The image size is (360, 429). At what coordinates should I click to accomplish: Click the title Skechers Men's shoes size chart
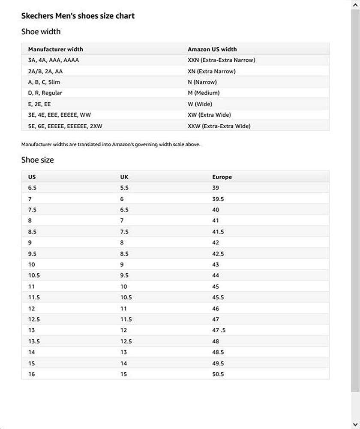click(x=78, y=16)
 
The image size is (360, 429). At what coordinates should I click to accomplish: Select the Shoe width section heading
click(x=41, y=32)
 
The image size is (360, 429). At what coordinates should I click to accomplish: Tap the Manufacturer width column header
click(x=56, y=49)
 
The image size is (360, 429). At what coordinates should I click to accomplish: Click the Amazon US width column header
click(x=212, y=49)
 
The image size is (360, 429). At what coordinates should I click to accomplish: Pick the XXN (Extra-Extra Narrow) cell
click(x=221, y=60)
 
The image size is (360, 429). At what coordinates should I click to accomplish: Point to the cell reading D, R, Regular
click(x=45, y=93)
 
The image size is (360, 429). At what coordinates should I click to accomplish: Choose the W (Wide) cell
click(x=200, y=104)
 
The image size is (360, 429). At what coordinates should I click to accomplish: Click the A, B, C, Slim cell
click(x=44, y=82)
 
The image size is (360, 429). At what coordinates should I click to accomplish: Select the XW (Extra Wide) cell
click(x=209, y=115)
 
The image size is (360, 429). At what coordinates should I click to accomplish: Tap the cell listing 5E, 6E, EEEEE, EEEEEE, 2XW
click(x=65, y=126)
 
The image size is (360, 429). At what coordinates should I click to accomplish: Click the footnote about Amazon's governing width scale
click(x=111, y=145)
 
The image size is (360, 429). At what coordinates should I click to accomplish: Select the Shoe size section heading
click(x=38, y=160)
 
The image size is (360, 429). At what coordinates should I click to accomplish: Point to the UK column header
click(x=124, y=177)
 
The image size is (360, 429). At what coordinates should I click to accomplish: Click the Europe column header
click(x=222, y=177)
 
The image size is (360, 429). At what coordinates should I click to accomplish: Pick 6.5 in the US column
click(x=33, y=188)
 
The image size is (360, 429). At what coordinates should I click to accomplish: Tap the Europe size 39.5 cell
click(x=218, y=199)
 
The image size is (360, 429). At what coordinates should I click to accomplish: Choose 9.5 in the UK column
click(x=124, y=275)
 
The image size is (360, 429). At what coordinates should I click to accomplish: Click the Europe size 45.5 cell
click(x=218, y=297)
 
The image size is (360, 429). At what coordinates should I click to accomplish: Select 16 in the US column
click(x=32, y=374)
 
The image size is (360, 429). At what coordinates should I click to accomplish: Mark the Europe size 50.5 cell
click(x=218, y=374)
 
